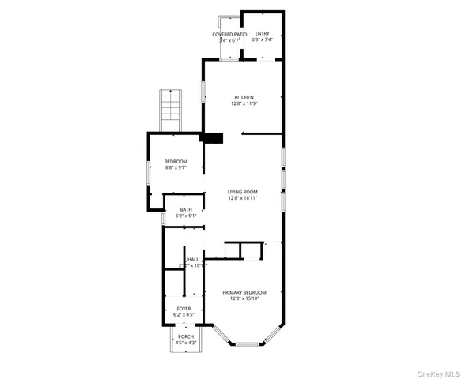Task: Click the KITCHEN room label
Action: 243,97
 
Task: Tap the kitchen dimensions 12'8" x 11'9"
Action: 243,104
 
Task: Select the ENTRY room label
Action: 262,34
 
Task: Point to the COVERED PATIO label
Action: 229,35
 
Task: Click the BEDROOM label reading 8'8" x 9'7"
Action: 176,162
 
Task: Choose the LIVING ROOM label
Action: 243,192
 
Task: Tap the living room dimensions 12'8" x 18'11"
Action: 243,199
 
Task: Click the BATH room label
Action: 185,209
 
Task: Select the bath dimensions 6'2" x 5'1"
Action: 185,216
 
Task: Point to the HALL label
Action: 193,259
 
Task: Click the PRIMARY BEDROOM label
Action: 244,291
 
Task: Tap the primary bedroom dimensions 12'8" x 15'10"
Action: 244,298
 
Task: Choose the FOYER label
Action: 184,309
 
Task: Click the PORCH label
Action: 186,336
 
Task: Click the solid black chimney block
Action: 212,138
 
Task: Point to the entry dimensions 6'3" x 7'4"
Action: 262,40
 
